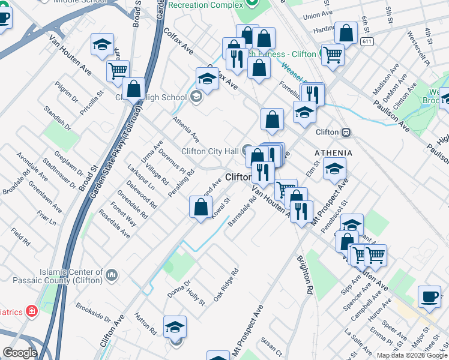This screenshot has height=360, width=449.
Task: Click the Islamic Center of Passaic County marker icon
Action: (112, 275)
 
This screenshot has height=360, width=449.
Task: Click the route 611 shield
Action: (367, 41)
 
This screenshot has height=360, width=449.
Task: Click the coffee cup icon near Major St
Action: (429, 296)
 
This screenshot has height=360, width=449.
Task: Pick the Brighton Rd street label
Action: (305, 274)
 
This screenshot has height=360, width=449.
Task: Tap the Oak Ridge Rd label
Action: (226, 282)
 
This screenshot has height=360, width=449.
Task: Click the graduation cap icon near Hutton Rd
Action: (175, 327)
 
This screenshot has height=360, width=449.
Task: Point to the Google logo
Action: (19, 353)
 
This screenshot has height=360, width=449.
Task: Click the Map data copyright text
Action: (411, 355)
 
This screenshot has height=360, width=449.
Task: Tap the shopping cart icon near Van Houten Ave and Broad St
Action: (118, 71)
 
